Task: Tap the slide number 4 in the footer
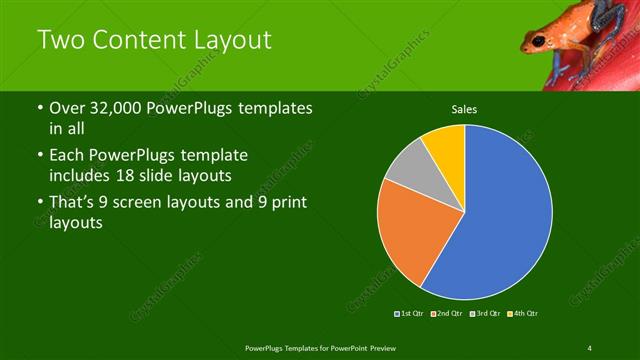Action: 590,347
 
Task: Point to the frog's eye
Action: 540,40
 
